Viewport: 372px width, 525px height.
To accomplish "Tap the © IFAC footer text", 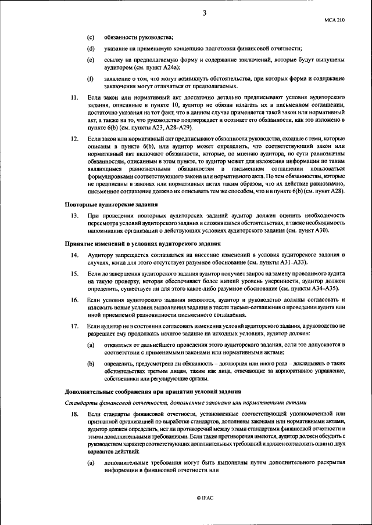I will click(205, 498).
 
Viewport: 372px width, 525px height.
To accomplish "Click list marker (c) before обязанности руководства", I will click(91, 37).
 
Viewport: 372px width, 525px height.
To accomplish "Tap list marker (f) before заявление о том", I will click(91, 78).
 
